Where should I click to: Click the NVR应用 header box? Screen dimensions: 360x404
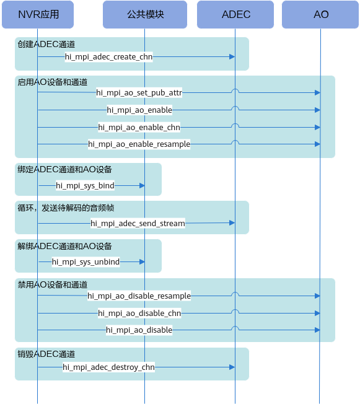(x=38, y=14)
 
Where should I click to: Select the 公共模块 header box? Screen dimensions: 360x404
(x=145, y=14)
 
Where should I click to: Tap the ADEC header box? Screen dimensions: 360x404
(x=235, y=14)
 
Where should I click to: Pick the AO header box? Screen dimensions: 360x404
(x=320, y=14)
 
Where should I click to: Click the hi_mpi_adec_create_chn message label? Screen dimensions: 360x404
(x=109, y=56)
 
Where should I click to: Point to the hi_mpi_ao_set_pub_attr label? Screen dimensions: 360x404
(x=139, y=92)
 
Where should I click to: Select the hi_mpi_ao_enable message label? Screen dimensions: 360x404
(x=139, y=110)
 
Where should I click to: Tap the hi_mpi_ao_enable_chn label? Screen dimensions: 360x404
(x=139, y=127)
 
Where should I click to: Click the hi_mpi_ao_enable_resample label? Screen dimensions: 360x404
(x=139, y=144)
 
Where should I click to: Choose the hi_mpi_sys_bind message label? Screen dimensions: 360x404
(x=85, y=185)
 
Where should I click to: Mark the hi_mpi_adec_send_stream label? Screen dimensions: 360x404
(x=138, y=224)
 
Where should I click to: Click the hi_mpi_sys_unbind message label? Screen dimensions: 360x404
(x=86, y=261)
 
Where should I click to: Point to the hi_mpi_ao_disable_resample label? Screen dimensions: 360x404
(x=139, y=296)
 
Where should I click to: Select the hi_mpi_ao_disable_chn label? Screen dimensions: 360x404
(x=139, y=314)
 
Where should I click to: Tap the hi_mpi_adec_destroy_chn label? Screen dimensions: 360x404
(x=109, y=367)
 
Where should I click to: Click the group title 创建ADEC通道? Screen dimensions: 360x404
(x=46, y=45)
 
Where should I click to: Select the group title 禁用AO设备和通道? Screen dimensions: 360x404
(x=53, y=284)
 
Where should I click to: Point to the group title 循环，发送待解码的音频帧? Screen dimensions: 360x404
(x=66, y=208)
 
